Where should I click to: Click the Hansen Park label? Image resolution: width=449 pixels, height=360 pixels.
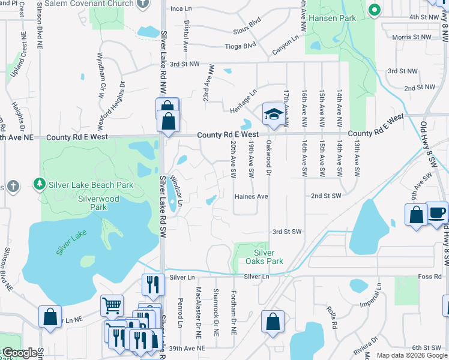[333, 18]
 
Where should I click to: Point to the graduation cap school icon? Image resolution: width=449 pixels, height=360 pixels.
[273, 116]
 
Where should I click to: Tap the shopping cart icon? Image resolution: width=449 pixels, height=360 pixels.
[112, 306]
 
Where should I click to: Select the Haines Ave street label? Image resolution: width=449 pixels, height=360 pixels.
[251, 196]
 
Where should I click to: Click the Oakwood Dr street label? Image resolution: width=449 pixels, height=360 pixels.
[269, 159]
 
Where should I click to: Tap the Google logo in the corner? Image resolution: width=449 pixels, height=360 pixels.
[20, 353]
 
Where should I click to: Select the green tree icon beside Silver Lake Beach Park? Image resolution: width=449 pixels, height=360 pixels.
[39, 183]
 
